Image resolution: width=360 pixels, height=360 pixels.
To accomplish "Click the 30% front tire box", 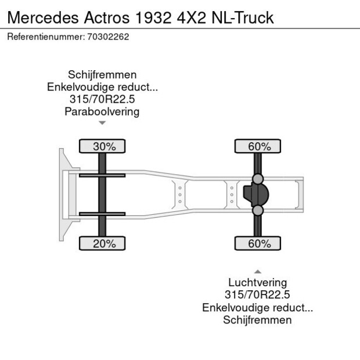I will [x=103, y=146].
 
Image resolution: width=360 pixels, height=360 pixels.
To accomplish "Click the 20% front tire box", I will [x=103, y=243].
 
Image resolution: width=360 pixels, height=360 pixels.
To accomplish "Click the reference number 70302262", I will [x=108, y=37].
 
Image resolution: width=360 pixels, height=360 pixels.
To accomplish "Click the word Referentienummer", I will [x=46, y=37].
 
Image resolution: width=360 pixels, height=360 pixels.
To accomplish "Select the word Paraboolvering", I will [x=102, y=111].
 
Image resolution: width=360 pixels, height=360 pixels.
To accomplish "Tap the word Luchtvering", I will [x=257, y=283].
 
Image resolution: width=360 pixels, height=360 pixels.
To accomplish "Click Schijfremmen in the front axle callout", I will [x=102, y=75].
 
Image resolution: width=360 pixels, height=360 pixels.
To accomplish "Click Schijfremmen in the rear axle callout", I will [x=257, y=320].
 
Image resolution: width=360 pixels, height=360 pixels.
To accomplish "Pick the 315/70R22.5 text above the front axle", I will [x=102, y=99].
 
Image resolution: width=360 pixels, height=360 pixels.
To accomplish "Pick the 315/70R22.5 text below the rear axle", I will [x=257, y=295].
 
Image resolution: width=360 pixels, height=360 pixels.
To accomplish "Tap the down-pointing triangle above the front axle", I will [x=102, y=123].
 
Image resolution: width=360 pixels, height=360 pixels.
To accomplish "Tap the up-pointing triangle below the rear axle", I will [x=257, y=271].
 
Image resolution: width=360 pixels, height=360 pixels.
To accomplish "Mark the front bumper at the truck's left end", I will [x=62, y=194].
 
